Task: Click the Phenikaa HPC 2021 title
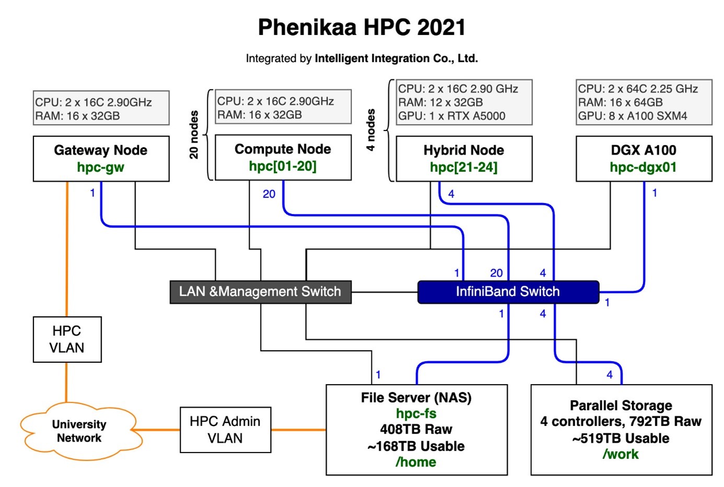(361, 27)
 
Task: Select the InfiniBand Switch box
(508, 292)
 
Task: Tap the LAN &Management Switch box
(260, 292)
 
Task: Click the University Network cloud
(79, 431)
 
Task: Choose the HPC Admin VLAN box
(225, 430)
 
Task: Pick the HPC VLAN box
(67, 339)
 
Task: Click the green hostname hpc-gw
(100, 168)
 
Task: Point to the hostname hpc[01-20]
(283, 166)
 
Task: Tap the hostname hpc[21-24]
(463, 168)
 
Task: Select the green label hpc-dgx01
(643, 168)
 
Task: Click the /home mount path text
(416, 462)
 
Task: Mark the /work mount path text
(621, 454)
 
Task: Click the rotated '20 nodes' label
(194, 135)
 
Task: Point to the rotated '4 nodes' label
(371, 130)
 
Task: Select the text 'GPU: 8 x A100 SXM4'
(633, 116)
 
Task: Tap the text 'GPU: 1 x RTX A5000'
(452, 116)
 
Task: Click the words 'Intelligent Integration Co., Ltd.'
(396, 58)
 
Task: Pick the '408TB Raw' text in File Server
(416, 430)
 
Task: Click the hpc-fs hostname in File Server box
(416, 414)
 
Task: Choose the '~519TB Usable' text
(621, 438)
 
